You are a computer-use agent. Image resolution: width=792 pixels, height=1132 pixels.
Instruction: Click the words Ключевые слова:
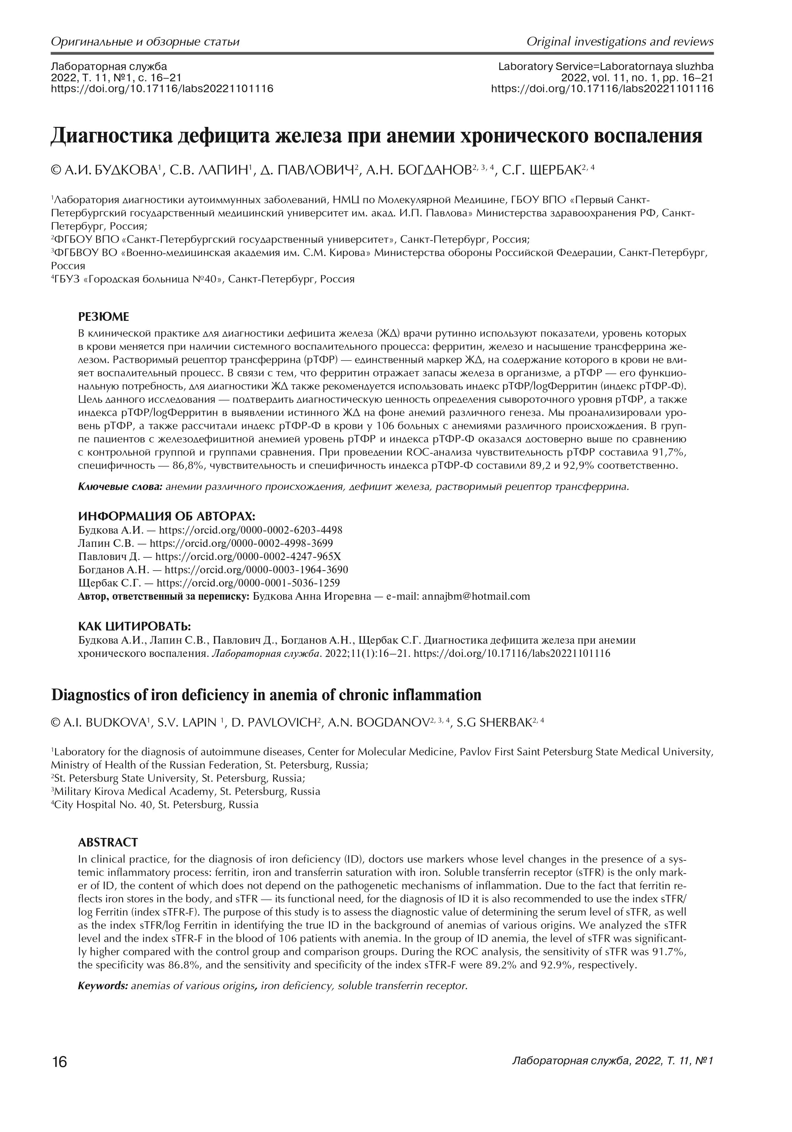click(x=120, y=487)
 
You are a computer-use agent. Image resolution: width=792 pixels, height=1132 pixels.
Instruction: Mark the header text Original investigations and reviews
click(x=620, y=41)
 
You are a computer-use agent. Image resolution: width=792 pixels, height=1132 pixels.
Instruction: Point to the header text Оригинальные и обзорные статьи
click(x=145, y=41)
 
